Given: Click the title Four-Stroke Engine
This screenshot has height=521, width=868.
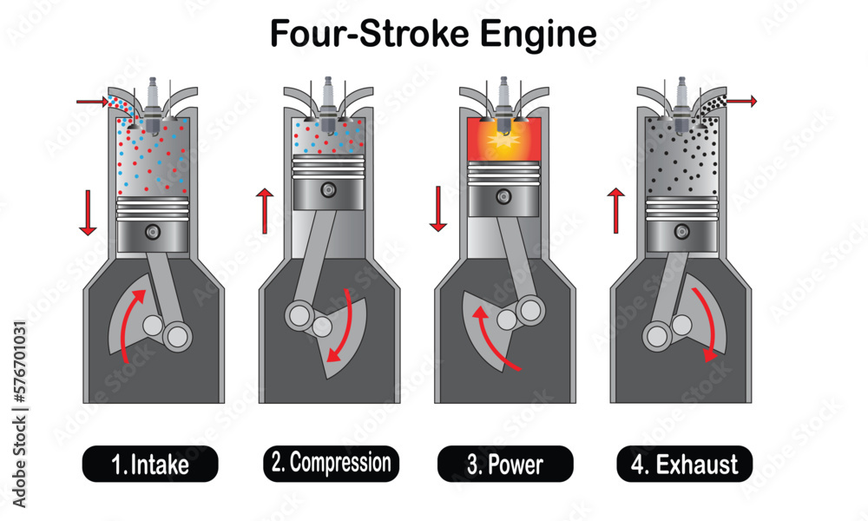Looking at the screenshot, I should (433, 34).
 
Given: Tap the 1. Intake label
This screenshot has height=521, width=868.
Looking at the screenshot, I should (150, 465).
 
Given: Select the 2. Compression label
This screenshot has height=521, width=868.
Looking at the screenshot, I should (331, 463).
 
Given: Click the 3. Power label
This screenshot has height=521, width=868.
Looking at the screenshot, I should (505, 465).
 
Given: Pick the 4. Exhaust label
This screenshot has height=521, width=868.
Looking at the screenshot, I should (685, 465).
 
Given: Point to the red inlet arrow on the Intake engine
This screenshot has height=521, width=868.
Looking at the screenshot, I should (92, 102).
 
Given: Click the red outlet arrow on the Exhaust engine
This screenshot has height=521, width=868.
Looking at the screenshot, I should (742, 102).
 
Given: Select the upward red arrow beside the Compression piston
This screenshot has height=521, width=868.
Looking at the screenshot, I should (264, 214).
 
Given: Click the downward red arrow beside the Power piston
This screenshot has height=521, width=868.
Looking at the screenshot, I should (438, 208).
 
